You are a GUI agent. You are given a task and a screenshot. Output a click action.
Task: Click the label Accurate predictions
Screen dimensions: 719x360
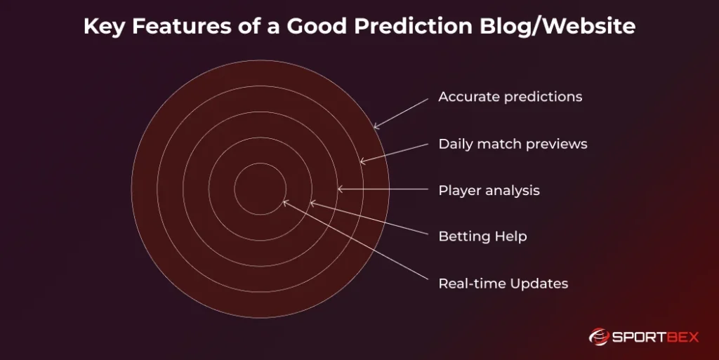point(510,97)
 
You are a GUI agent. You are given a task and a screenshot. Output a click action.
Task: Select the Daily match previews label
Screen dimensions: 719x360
point(513,145)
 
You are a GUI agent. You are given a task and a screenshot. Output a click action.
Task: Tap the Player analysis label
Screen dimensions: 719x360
point(489,191)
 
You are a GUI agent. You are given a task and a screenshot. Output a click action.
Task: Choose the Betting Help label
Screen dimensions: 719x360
point(482,236)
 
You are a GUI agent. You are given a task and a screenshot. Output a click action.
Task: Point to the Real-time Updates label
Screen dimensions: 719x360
point(503,284)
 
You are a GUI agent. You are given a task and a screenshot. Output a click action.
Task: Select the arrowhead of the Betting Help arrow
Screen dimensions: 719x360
point(312,203)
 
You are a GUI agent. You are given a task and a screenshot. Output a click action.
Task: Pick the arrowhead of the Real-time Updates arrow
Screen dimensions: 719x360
point(284,202)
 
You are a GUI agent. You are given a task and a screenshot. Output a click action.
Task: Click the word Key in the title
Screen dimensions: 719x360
point(104,27)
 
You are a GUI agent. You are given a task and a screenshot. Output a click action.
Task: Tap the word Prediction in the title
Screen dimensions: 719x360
point(413,26)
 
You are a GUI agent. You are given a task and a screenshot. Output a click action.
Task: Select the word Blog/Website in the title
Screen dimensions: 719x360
point(558,26)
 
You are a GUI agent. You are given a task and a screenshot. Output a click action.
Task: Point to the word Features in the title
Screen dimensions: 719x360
point(182,26)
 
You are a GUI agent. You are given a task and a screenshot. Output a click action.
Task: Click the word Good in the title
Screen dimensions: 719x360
point(317,26)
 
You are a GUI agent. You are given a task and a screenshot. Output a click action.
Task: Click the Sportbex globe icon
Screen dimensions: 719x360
point(599,337)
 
